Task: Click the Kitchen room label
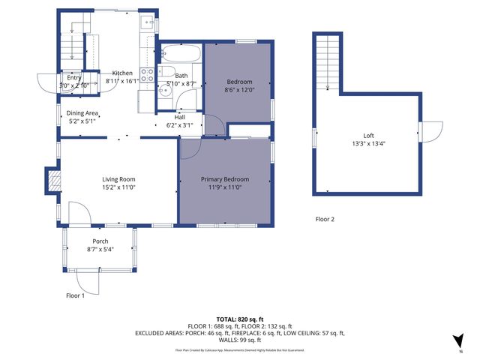(122, 73)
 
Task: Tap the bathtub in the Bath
(181, 55)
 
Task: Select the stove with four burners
(148, 75)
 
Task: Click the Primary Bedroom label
(224, 179)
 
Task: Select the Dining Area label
(82, 113)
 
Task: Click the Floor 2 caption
(324, 220)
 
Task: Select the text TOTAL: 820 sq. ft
(239, 319)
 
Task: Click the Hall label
(180, 117)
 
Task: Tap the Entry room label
(73, 77)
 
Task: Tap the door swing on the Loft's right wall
(430, 132)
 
